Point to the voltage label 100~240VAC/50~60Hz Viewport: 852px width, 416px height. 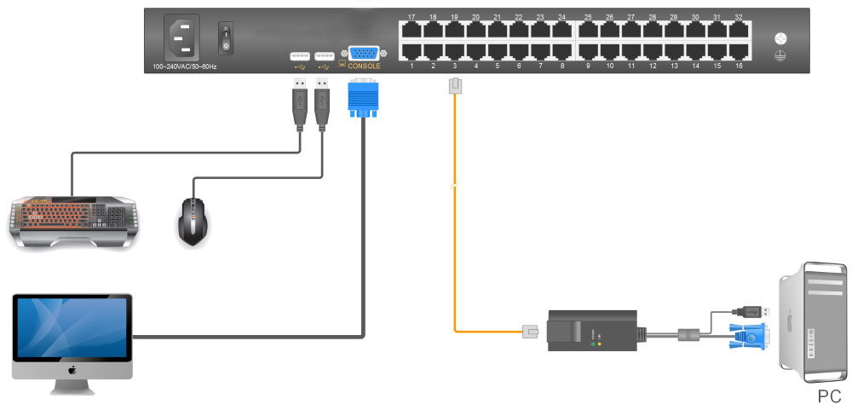tap(184, 66)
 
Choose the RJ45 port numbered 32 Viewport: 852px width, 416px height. tap(739, 30)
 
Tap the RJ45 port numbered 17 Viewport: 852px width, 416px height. tap(412, 30)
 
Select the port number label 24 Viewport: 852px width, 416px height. tap(561, 17)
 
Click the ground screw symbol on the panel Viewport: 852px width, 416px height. tap(779, 39)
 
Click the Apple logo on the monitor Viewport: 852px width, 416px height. tap(72, 371)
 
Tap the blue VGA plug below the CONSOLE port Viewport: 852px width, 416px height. tap(362, 99)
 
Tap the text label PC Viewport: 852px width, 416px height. tap(829, 396)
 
